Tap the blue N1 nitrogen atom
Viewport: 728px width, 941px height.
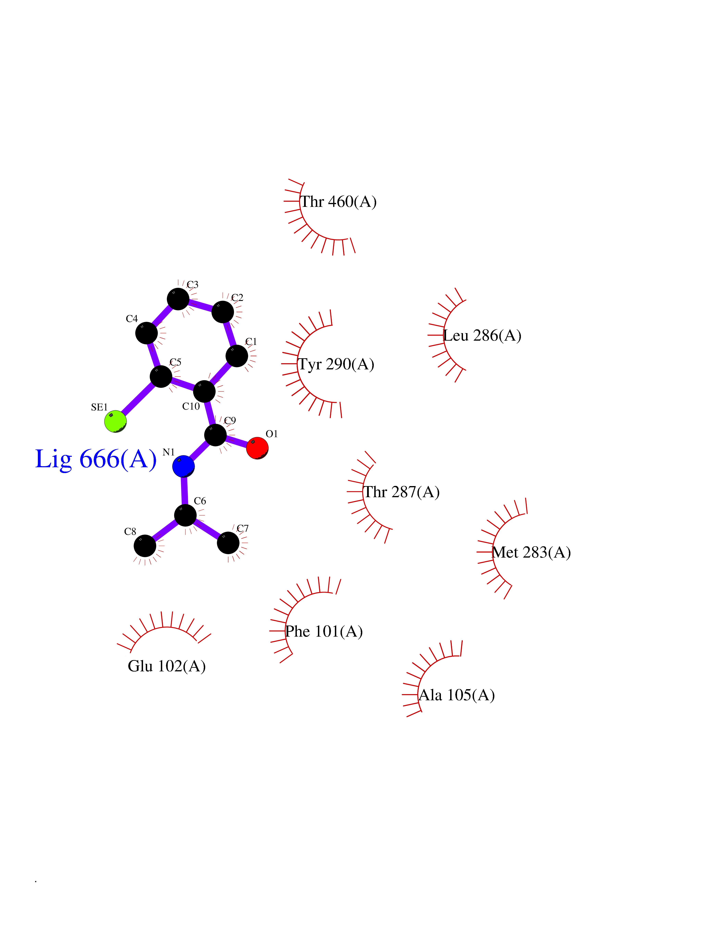point(183,466)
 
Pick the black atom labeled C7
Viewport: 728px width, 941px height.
point(228,543)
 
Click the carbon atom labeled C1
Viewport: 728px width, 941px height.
point(237,356)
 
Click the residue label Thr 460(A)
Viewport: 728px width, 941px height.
point(338,202)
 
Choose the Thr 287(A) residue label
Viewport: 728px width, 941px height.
point(402,492)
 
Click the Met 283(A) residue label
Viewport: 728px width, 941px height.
point(531,552)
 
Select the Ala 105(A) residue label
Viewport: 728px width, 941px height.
point(457,695)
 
